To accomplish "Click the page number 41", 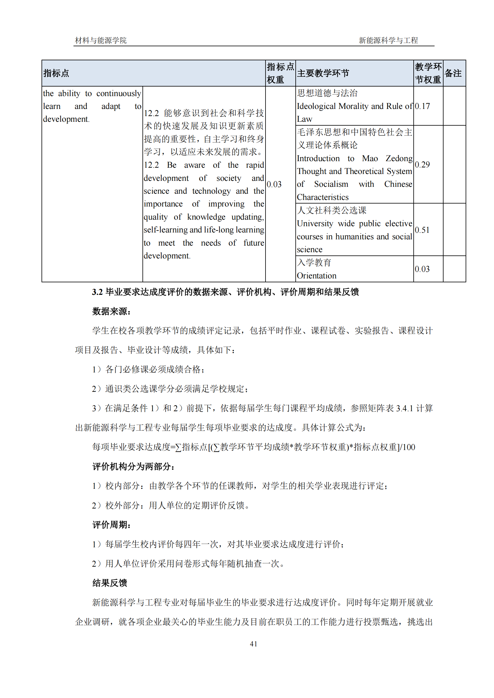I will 253,644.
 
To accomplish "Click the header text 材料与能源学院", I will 101,40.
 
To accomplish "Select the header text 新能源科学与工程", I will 388,40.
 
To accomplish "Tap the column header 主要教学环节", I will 323,73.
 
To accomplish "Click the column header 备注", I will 453,73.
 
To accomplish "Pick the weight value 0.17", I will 422,106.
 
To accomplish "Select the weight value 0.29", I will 422,164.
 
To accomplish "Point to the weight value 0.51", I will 422,230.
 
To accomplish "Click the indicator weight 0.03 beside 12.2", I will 274,184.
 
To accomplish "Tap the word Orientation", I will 316,275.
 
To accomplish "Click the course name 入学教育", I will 314,262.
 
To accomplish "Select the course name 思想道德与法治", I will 327,93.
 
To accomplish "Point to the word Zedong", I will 399,158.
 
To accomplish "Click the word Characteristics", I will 323,197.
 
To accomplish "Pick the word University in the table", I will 315,224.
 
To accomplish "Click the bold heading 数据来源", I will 111,311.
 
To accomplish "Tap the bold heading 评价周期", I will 111,525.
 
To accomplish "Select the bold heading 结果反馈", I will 110,583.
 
